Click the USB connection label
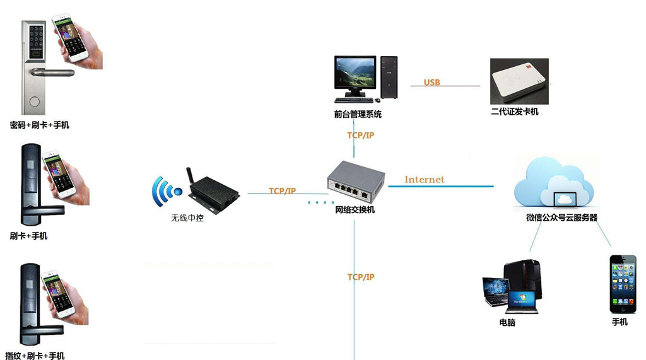pyautogui.click(x=432, y=83)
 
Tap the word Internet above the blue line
pyautogui.click(x=425, y=180)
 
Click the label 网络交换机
pyautogui.click(x=355, y=210)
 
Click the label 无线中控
pyautogui.click(x=187, y=218)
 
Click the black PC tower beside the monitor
pyautogui.click(x=389, y=78)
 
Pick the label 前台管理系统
pyautogui.click(x=358, y=115)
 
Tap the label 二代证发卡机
pyautogui.click(x=515, y=112)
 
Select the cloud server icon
pyautogui.click(x=554, y=182)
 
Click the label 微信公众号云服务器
pyautogui.click(x=561, y=218)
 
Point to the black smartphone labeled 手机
pyautogui.click(x=623, y=284)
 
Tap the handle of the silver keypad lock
pyautogui.click(x=52, y=73)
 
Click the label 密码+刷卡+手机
pyautogui.click(x=40, y=125)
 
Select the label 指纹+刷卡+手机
pyautogui.click(x=35, y=356)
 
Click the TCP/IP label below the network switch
pyautogui.click(x=361, y=277)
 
